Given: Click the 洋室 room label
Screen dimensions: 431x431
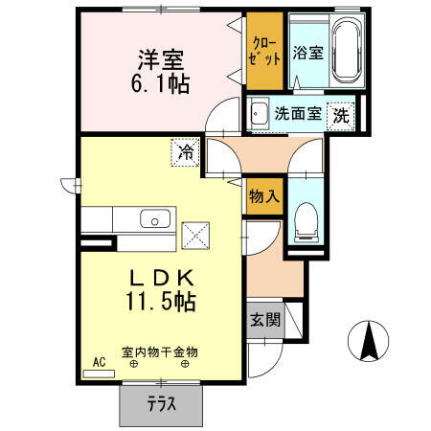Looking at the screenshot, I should (x=160, y=59).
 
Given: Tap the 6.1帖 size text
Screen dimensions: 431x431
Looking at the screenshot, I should (x=160, y=83).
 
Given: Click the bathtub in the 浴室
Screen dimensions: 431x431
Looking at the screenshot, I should (x=341, y=52).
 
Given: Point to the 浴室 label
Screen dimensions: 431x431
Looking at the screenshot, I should (x=306, y=53).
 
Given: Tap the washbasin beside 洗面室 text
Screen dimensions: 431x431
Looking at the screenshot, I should (x=260, y=114).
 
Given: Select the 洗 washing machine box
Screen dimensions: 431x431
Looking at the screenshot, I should (x=341, y=114).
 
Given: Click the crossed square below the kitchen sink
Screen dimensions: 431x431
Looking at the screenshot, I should (x=196, y=234).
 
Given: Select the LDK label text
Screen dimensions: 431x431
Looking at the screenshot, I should (x=162, y=278).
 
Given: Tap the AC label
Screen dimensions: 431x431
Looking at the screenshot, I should (x=99, y=362).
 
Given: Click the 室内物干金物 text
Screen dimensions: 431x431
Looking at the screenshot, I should (x=160, y=352).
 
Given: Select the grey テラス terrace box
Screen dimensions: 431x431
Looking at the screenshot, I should (x=162, y=403).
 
